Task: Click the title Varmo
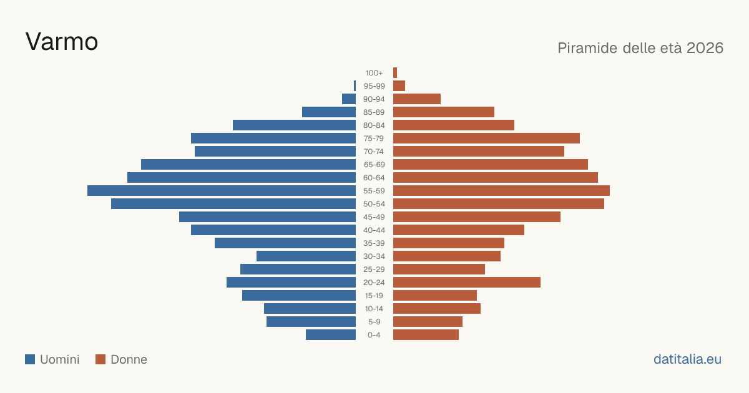(x=62, y=42)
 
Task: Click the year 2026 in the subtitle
(x=705, y=48)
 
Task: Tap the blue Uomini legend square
(x=30, y=359)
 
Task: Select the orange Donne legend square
(x=100, y=359)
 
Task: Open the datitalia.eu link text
(x=687, y=359)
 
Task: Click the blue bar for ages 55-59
(x=222, y=190)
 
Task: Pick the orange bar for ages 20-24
(x=467, y=283)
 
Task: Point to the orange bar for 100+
(x=395, y=72)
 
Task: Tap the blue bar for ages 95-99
(x=355, y=86)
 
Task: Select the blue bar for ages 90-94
(x=349, y=99)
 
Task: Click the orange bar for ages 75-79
(x=486, y=138)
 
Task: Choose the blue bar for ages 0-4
(x=331, y=335)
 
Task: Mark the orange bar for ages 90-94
(x=417, y=99)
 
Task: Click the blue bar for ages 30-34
(x=306, y=256)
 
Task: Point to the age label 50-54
(x=374, y=204)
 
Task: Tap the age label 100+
(x=374, y=73)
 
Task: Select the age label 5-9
(x=374, y=322)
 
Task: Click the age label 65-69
(x=374, y=165)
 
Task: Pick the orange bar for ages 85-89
(x=444, y=112)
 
